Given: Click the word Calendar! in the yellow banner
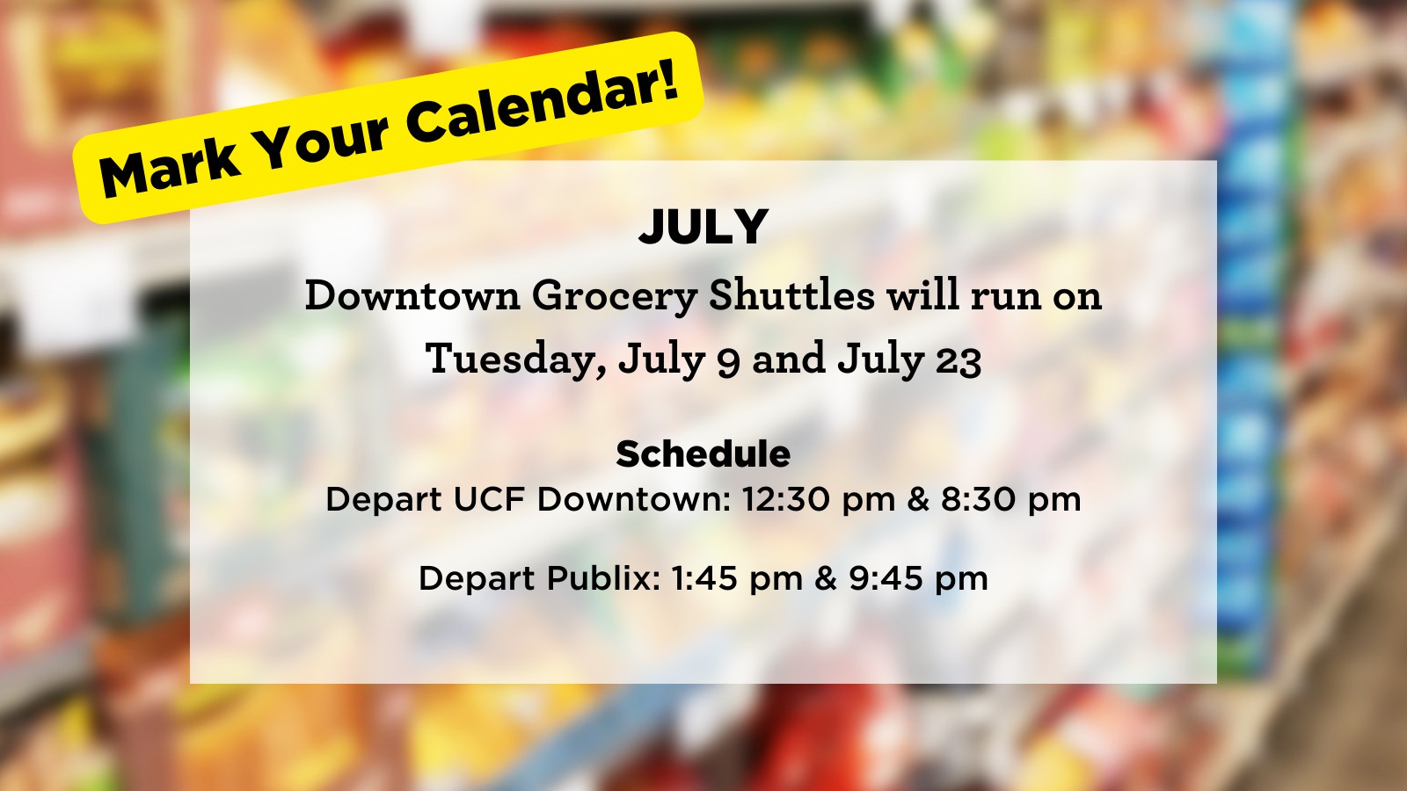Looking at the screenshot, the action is [544, 99].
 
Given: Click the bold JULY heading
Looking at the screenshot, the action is [703, 227].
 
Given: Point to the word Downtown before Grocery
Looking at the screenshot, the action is [412, 295].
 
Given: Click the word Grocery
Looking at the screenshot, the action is [615, 296].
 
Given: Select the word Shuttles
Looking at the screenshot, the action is [792, 294].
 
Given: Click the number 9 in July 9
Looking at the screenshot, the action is [728, 364].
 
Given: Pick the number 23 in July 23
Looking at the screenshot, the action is [959, 362].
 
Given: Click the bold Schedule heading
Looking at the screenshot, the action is [703, 454].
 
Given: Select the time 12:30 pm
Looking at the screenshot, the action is [818, 500].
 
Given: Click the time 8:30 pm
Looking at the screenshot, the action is [1010, 500].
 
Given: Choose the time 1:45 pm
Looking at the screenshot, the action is [736, 578].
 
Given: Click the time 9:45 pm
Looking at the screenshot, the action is [918, 578].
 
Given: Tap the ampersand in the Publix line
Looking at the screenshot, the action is [826, 578].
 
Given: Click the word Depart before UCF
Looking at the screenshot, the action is [383, 501].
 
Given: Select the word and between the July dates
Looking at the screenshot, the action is [788, 359].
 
